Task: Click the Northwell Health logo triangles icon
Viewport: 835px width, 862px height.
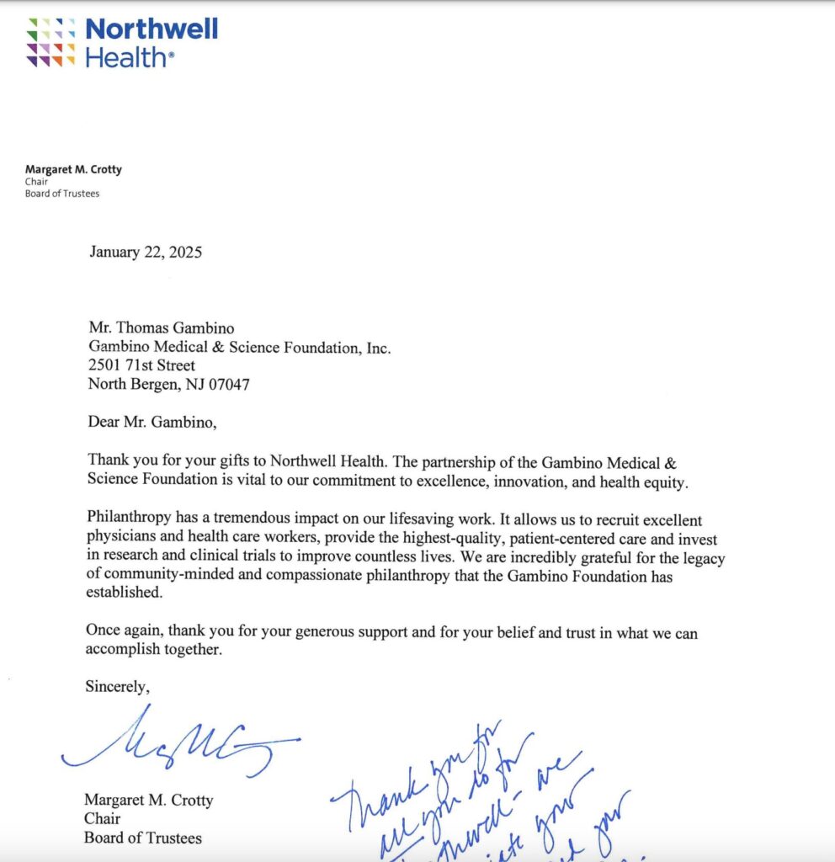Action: click(x=51, y=42)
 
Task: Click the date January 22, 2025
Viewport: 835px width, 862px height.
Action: click(x=146, y=251)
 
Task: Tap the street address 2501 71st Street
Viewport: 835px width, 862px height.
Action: click(x=141, y=366)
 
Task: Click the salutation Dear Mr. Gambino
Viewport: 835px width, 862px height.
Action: click(x=152, y=422)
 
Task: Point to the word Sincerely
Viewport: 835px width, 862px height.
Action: click(x=118, y=686)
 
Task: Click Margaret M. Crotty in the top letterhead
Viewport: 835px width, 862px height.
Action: click(x=73, y=169)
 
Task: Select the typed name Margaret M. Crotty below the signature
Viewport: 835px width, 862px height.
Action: click(x=148, y=799)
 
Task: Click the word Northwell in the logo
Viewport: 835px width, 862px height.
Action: click(x=152, y=29)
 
